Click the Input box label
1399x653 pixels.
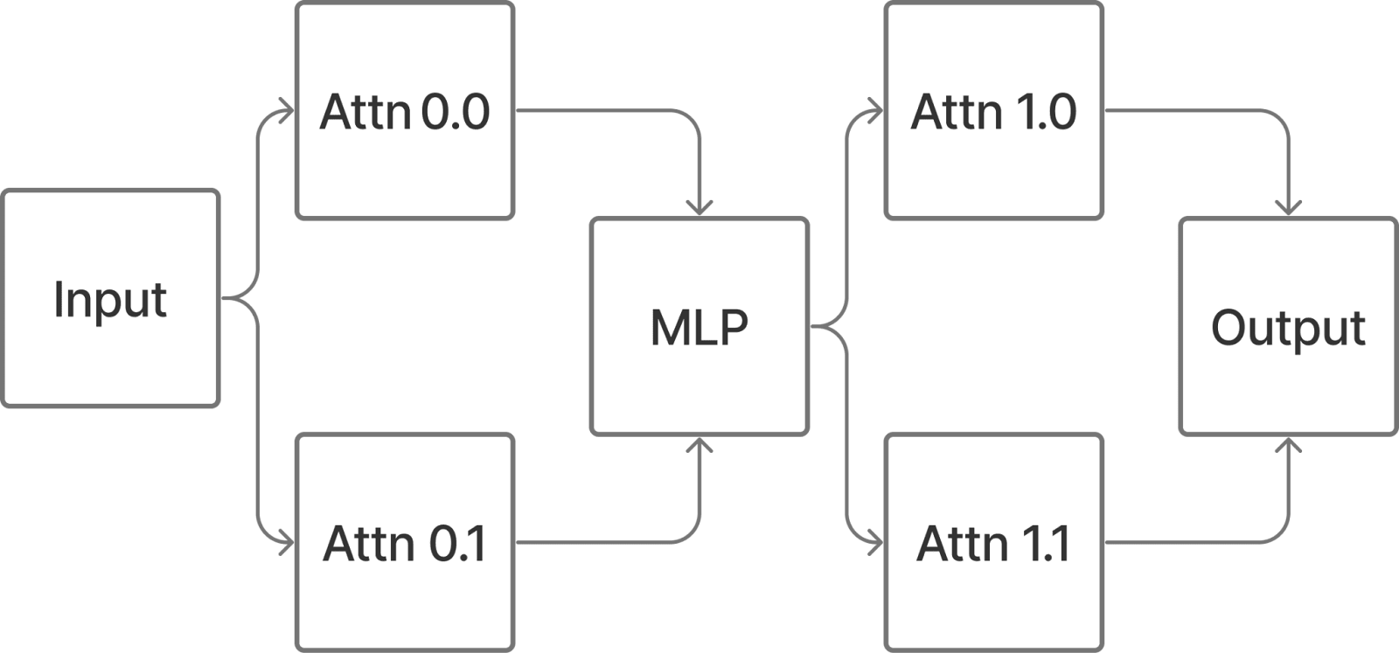(x=110, y=300)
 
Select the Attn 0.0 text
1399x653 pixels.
(x=404, y=113)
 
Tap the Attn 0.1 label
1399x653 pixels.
(x=404, y=544)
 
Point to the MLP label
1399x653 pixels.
(x=699, y=328)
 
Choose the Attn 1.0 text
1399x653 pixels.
(x=993, y=113)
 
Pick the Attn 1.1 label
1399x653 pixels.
(x=993, y=544)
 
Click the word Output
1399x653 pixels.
(x=1288, y=329)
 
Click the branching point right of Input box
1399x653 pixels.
(x=240, y=299)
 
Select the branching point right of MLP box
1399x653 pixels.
(x=830, y=328)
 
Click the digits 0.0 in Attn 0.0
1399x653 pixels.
(x=455, y=113)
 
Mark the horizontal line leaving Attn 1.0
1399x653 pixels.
(x=1189, y=111)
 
